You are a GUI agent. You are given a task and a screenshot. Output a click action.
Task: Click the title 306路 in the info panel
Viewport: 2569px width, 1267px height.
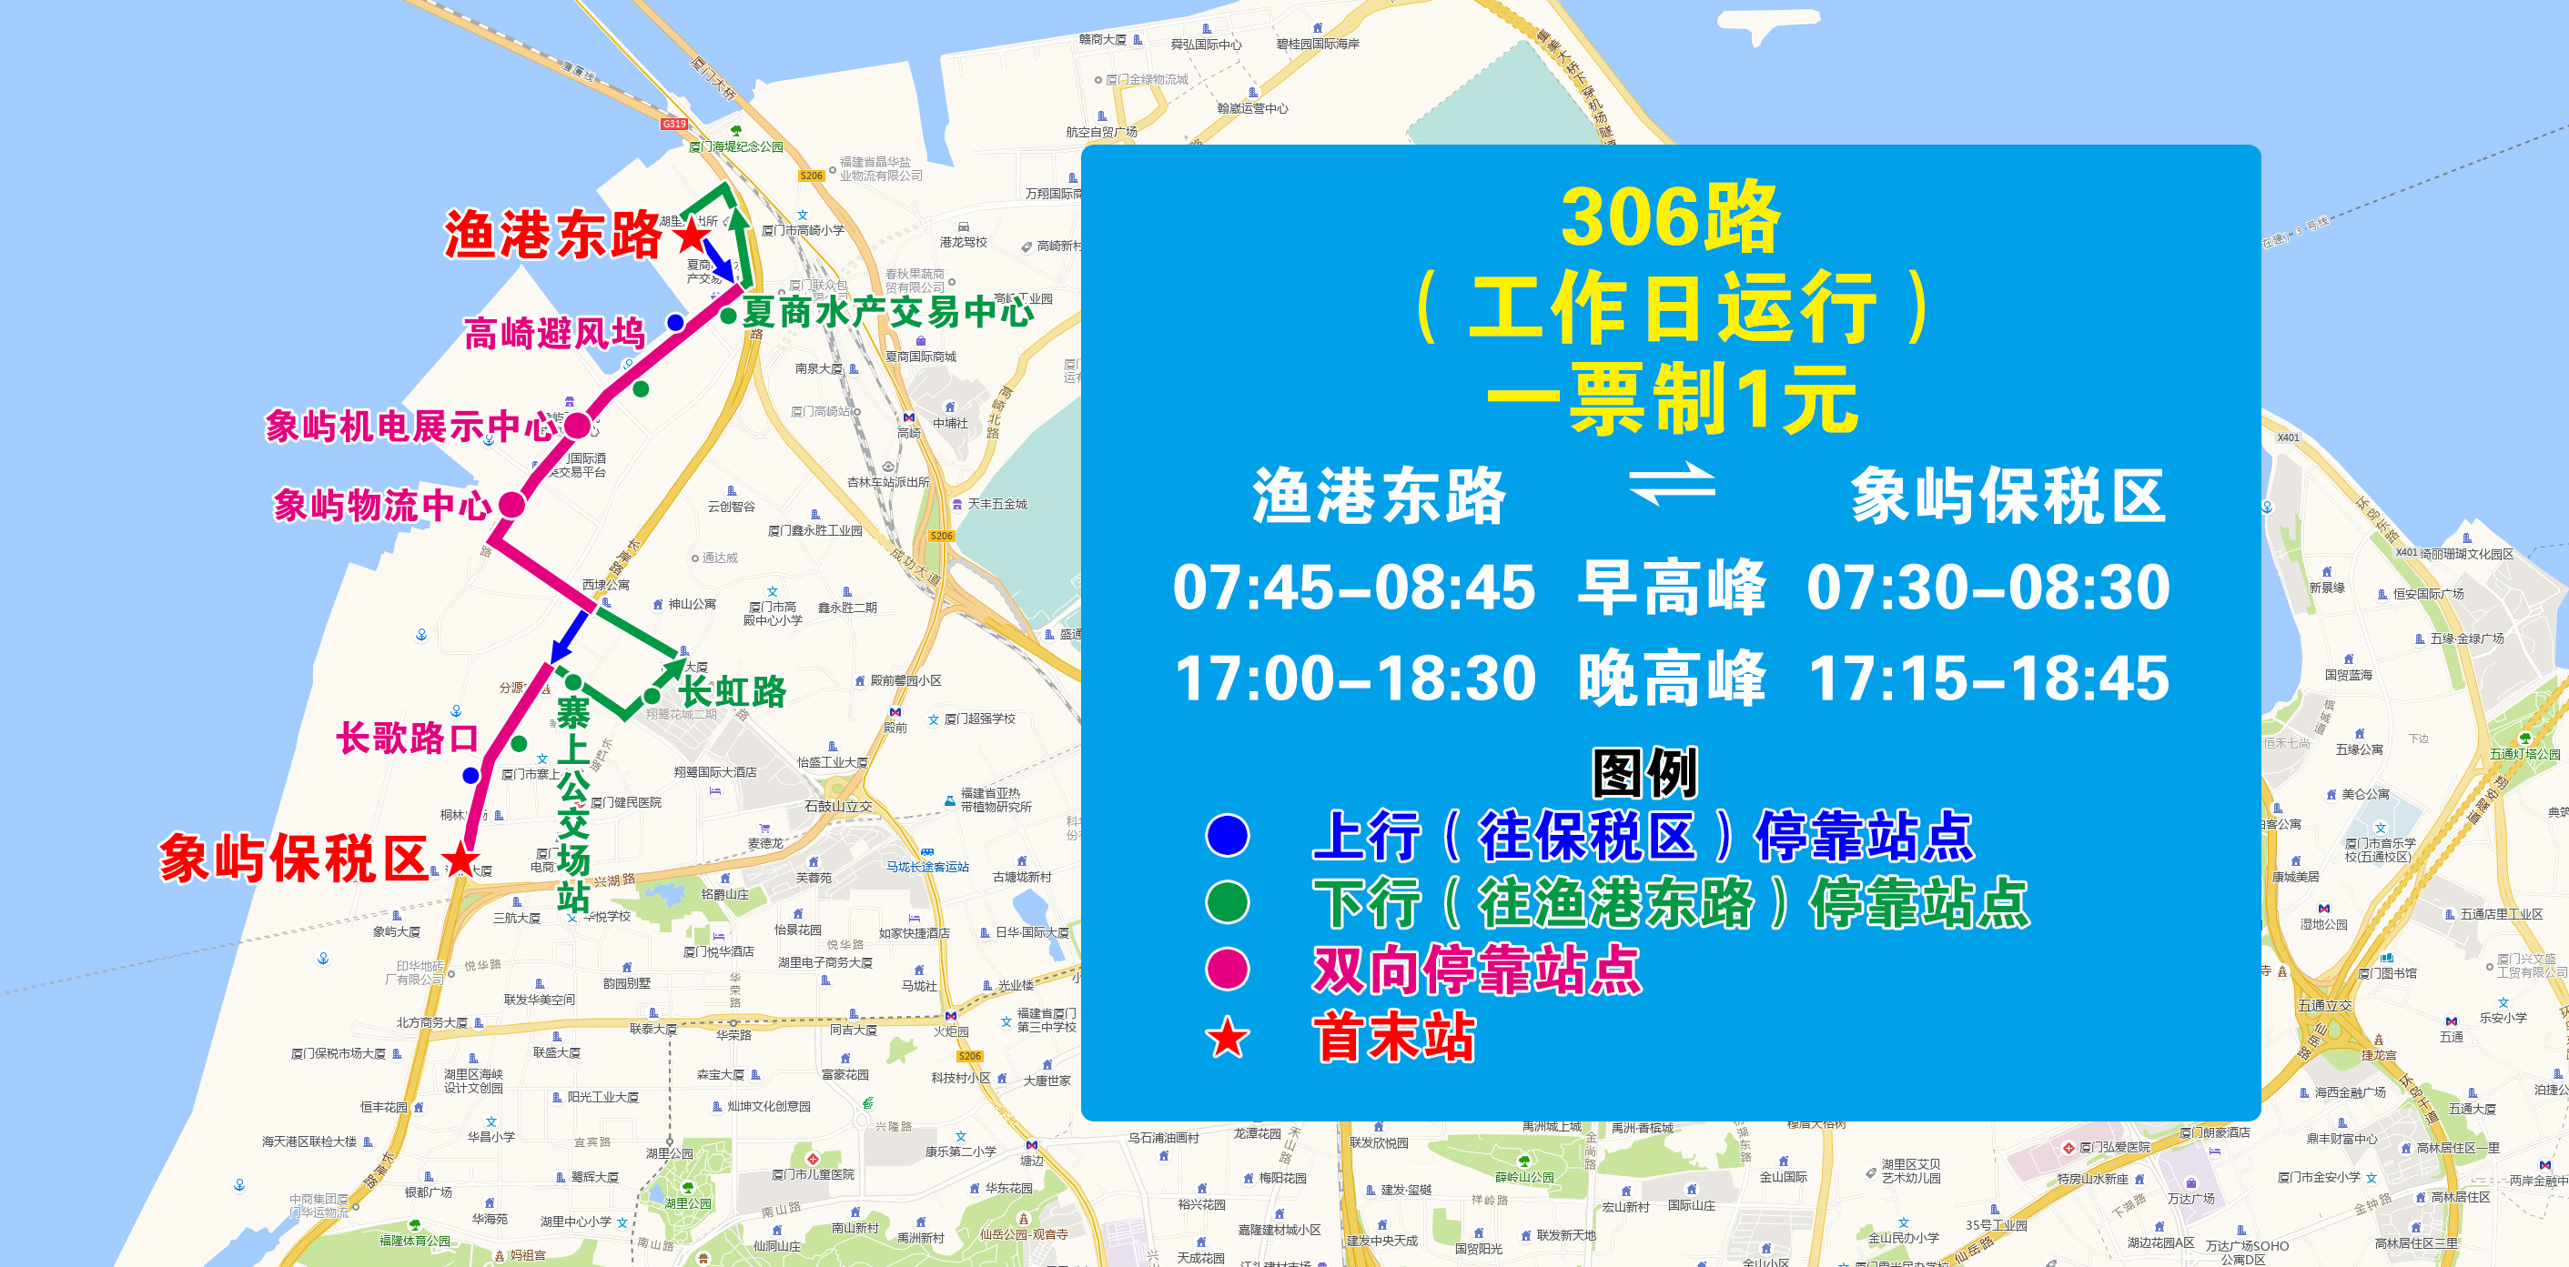tap(1671, 218)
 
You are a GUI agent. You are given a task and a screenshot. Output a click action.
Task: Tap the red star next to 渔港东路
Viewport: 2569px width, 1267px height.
tap(691, 236)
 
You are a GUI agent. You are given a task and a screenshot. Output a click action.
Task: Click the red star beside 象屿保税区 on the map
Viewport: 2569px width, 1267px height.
tap(460, 859)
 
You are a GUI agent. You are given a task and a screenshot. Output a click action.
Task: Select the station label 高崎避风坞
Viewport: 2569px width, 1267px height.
tap(554, 333)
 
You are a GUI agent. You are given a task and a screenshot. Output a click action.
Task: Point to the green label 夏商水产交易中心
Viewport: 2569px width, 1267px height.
tap(886, 312)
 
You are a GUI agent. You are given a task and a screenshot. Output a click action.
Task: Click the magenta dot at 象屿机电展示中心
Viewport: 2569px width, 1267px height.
tap(578, 426)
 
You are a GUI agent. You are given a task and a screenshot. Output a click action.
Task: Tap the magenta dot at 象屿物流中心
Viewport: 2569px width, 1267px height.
tap(511, 505)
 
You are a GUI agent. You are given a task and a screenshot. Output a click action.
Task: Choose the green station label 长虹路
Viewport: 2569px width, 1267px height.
tap(733, 691)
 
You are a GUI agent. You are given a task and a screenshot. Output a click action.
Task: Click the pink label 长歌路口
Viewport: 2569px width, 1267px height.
tap(408, 739)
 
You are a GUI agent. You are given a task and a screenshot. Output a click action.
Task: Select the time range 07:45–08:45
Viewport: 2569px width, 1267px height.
tap(1353, 588)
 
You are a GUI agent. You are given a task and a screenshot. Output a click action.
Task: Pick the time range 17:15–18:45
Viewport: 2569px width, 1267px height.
tap(1988, 679)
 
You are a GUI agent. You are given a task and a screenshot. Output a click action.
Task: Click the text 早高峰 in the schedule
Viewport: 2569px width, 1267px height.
tap(1672, 588)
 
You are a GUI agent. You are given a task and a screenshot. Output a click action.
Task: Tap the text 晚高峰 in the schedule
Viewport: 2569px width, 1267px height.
tap(1672, 679)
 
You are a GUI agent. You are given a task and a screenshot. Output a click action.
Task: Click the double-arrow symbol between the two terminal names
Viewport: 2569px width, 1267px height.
tap(1672, 485)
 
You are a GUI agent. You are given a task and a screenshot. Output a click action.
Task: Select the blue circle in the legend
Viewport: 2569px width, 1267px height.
tap(1227, 835)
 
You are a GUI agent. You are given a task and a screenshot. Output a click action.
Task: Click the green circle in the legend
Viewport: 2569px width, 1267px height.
tap(1227, 902)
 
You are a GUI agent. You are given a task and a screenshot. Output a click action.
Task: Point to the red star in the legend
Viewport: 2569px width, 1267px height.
tap(1227, 1038)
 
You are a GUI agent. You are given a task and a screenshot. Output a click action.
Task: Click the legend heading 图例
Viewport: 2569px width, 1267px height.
tap(1644, 772)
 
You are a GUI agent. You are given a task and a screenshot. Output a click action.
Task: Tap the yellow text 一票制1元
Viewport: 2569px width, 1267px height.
tap(1672, 399)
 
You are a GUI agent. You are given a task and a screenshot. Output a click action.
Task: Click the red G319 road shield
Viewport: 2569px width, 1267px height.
tap(674, 124)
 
